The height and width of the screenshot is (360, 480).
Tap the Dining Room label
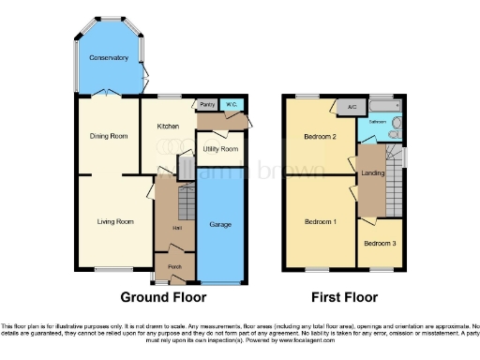[108, 136]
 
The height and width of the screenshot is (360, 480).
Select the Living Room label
[114, 222]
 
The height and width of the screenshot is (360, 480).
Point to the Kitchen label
[168, 126]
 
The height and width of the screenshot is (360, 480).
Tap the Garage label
[220, 225]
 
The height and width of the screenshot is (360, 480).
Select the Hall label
[175, 228]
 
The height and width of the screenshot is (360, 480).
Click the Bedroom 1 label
[321, 222]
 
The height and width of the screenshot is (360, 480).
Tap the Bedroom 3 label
[380, 244]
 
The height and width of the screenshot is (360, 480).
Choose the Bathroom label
[377, 123]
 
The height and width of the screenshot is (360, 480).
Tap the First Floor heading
[345, 297]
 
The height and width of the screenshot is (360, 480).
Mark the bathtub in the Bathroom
[385, 107]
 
